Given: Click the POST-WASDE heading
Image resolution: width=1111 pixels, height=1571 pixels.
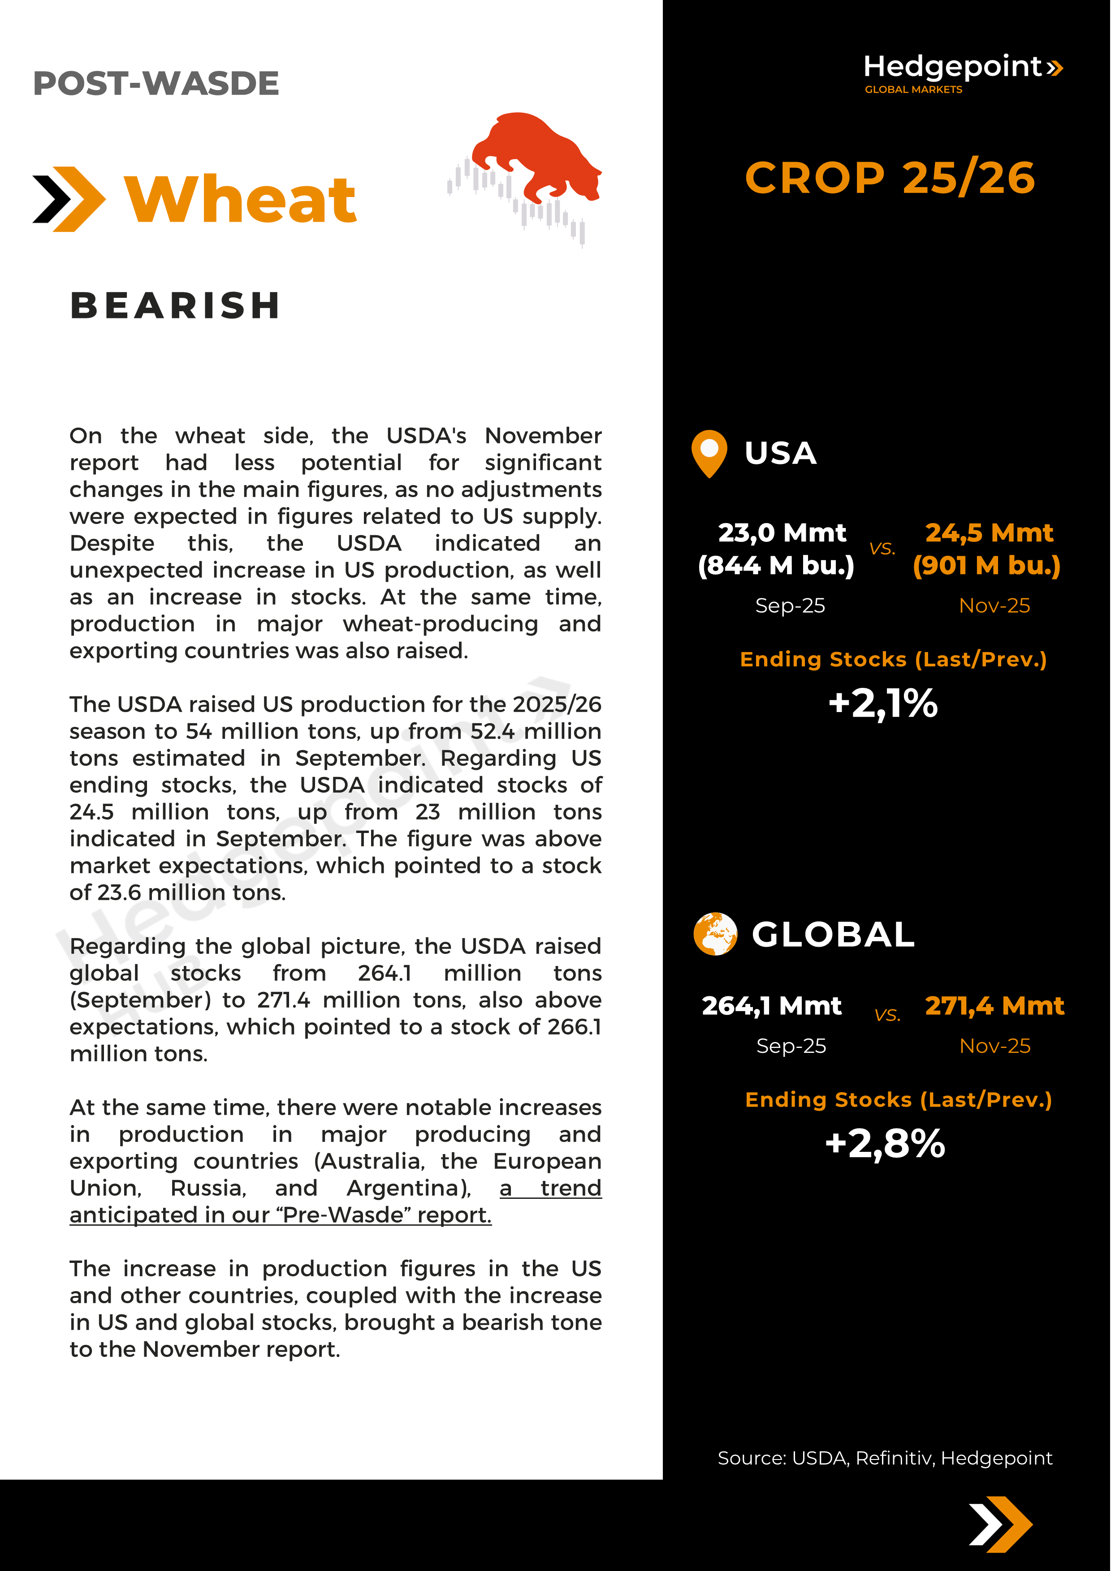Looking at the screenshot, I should (156, 83).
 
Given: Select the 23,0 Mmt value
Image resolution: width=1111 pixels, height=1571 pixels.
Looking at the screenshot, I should (782, 532).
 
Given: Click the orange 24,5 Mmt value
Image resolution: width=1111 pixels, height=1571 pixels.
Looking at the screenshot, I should (989, 532).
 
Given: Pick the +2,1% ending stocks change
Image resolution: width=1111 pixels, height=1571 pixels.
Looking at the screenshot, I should (882, 704).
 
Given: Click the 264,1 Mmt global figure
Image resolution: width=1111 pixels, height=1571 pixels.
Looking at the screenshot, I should (771, 1006).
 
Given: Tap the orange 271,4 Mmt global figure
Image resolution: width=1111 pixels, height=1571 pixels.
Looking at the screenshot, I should (994, 1006).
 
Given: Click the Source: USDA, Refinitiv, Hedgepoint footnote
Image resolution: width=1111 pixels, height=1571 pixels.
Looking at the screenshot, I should (884, 1458).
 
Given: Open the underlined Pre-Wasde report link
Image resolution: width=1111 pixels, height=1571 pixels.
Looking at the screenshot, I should (281, 1215).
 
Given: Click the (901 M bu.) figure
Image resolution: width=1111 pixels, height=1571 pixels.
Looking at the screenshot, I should (986, 565).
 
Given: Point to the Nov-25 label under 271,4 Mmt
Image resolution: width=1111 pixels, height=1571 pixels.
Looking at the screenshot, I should (994, 1046).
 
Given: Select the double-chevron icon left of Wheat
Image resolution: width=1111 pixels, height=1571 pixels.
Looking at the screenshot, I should (69, 199).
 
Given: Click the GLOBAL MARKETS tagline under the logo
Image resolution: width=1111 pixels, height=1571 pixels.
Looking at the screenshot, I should (913, 90).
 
